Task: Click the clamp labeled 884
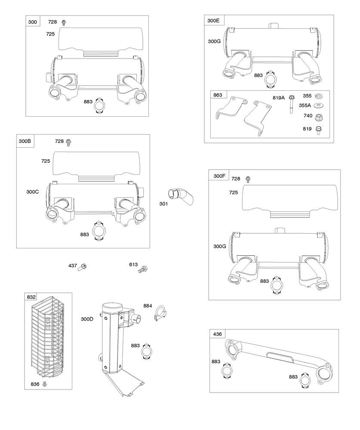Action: pyautogui.click(x=160, y=313)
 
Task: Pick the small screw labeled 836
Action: pyautogui.click(x=43, y=383)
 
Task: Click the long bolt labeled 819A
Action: pyautogui.click(x=291, y=104)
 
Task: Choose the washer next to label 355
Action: pyautogui.click(x=319, y=96)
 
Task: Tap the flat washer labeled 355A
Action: pyautogui.click(x=319, y=105)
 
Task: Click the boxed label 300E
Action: pyautogui.click(x=213, y=20)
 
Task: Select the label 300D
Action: pyautogui.click(x=87, y=319)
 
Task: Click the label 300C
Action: pyautogui.click(x=33, y=192)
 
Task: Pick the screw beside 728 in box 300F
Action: pyautogui.click(x=248, y=179)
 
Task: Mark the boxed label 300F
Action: pyautogui.click(x=219, y=176)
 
